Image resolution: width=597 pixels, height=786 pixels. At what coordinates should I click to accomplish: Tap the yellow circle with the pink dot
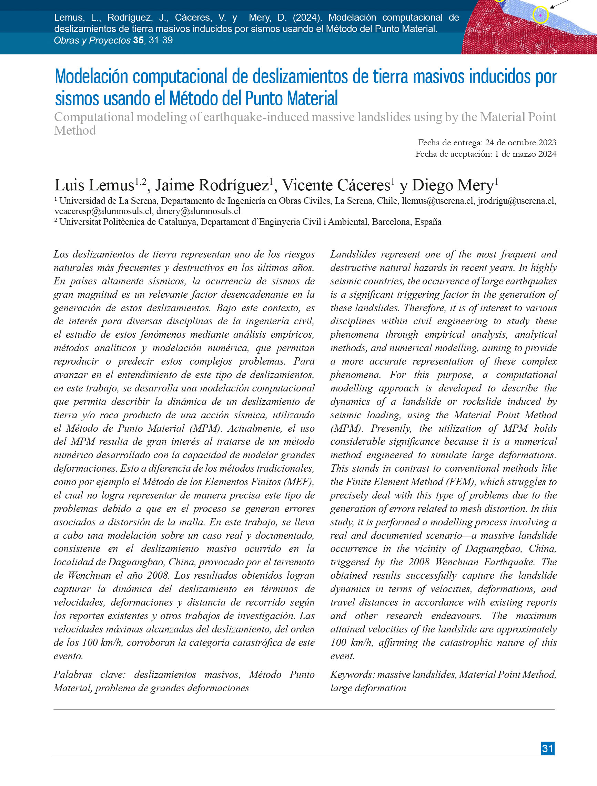pos(540,15)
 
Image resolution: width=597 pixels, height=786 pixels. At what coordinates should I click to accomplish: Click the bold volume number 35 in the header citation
pos(139,41)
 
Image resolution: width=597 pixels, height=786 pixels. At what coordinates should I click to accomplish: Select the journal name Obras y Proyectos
pos(92,41)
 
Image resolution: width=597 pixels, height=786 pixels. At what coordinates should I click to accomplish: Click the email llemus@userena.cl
pos(438,201)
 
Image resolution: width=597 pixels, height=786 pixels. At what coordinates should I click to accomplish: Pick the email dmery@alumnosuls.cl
pos(198,211)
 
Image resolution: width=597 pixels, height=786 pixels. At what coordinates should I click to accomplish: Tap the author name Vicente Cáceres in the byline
pos(336,186)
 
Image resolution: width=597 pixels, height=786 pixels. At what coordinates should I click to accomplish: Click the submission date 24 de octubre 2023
pos(520,143)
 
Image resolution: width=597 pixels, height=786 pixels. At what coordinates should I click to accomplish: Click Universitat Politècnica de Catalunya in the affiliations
pos(128,222)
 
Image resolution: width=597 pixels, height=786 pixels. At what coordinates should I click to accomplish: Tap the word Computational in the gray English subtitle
pos(94,117)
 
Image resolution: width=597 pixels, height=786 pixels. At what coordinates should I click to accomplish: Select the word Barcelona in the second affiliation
pos(391,222)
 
